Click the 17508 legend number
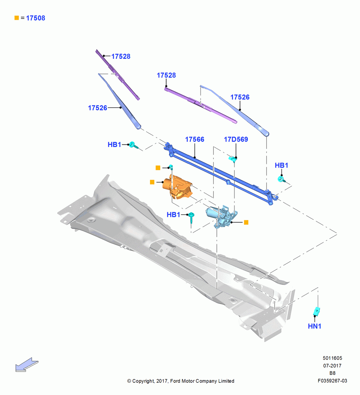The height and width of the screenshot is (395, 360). pos(36,18)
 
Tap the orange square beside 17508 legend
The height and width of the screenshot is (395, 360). pos(17,18)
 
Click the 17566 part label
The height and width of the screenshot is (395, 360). pos(195,139)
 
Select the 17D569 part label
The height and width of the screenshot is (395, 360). pos(236,139)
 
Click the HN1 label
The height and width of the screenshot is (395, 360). pos(315,326)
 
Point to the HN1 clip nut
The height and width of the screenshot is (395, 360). pos(317,311)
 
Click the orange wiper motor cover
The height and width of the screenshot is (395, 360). pos(178,186)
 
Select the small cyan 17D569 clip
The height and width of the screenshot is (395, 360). pos(232,159)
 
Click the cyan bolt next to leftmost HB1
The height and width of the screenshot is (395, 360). pos(133,145)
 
